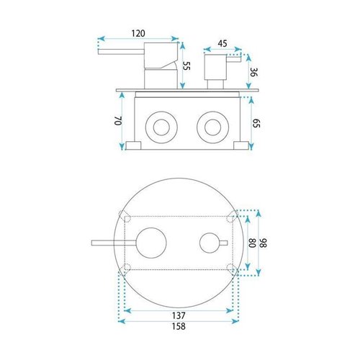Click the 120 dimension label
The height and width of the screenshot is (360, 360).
coord(138,33)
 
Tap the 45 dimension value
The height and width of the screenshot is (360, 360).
coord(222,44)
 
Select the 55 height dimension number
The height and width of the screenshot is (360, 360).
coord(186,66)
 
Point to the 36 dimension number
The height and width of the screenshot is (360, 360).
coord(253,72)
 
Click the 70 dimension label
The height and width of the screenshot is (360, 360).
coord(118,121)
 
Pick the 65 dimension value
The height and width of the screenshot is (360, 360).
coord(256,123)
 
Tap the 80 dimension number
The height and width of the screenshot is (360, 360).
coord(252,243)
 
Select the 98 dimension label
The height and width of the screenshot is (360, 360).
coord(264,243)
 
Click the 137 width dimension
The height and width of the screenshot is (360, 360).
coord(179,315)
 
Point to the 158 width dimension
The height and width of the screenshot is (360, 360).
coord(179,326)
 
